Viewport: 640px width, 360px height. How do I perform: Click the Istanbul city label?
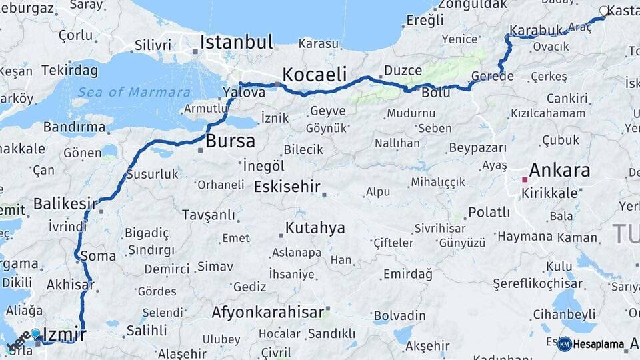(x=236, y=43)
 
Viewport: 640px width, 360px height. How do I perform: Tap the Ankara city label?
(x=559, y=170)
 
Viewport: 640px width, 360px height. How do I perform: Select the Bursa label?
(x=230, y=141)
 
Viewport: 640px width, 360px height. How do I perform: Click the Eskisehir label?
(x=287, y=187)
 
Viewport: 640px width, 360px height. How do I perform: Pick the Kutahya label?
(x=315, y=228)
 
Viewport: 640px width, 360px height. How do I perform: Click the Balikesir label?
(x=61, y=203)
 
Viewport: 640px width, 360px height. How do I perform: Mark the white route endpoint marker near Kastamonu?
(x=604, y=11)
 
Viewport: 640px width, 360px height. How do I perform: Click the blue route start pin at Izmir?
(x=35, y=333)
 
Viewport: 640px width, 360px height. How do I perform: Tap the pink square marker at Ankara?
(x=525, y=179)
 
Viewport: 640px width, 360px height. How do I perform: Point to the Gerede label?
(x=492, y=77)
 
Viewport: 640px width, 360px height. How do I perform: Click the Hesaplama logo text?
(x=599, y=345)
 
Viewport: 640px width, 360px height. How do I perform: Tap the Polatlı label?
(x=489, y=213)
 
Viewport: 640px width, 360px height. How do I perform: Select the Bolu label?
(x=436, y=93)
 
